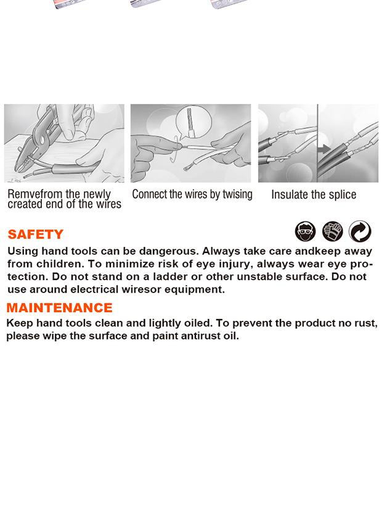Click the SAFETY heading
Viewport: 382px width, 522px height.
(36, 234)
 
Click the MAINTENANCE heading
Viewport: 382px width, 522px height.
(59, 308)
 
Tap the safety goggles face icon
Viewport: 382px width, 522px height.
(305, 231)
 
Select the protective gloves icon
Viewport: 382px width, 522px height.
(333, 231)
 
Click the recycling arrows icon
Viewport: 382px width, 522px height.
(360, 231)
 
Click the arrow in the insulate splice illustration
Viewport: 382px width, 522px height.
(323, 149)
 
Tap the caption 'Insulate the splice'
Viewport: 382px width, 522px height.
(314, 195)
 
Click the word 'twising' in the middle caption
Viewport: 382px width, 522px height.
(237, 194)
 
